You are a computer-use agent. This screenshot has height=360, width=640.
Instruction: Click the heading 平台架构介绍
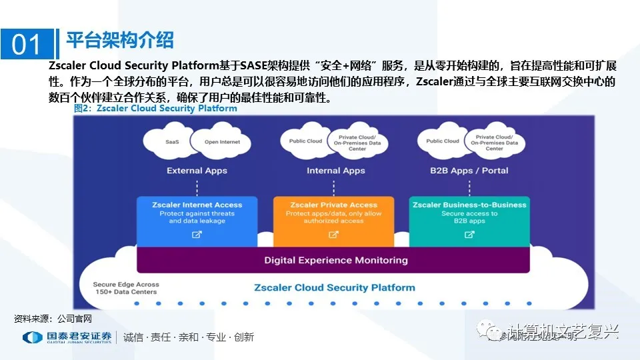coord(120,40)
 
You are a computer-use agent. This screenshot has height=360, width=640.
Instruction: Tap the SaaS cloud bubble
coord(172,142)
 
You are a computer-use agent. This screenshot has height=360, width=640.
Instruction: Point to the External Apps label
coord(197,171)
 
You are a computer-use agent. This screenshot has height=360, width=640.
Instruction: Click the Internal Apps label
coord(335,171)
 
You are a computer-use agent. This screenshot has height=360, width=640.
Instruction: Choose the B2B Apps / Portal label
coord(469,171)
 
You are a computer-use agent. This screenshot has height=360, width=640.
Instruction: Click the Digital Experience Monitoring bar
coord(335,260)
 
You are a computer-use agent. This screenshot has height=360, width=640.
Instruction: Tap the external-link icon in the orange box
coord(333,235)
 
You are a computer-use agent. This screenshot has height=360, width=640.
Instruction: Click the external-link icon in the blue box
coord(197,235)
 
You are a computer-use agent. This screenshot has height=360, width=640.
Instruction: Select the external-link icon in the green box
coord(469,235)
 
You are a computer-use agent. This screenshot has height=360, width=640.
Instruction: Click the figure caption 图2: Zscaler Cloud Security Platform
coord(155,108)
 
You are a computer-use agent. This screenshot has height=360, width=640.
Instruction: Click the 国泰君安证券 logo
coord(67,337)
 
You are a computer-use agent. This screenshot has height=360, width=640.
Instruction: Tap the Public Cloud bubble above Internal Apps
coord(305,141)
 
